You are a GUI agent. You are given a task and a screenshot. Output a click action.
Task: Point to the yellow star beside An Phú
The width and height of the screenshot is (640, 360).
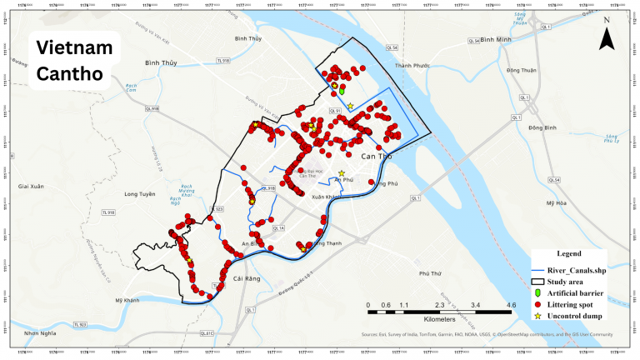[x=342, y=173]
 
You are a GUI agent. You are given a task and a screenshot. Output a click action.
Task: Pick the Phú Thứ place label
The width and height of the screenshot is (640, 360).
[x=429, y=273]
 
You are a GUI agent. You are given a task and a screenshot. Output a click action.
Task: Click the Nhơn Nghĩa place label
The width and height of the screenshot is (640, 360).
[x=39, y=332]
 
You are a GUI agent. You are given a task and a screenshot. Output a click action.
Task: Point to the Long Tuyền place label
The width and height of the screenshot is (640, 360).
[x=139, y=194]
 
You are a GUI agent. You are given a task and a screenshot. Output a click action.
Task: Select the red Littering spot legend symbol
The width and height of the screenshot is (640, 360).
[x=537, y=305]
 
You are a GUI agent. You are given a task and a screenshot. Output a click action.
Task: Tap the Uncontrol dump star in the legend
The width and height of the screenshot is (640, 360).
[x=537, y=317]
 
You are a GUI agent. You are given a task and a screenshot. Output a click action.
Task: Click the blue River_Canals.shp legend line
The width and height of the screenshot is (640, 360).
[x=537, y=271]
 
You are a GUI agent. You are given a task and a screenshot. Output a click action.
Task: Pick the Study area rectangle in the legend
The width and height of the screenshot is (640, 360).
[x=537, y=282]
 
